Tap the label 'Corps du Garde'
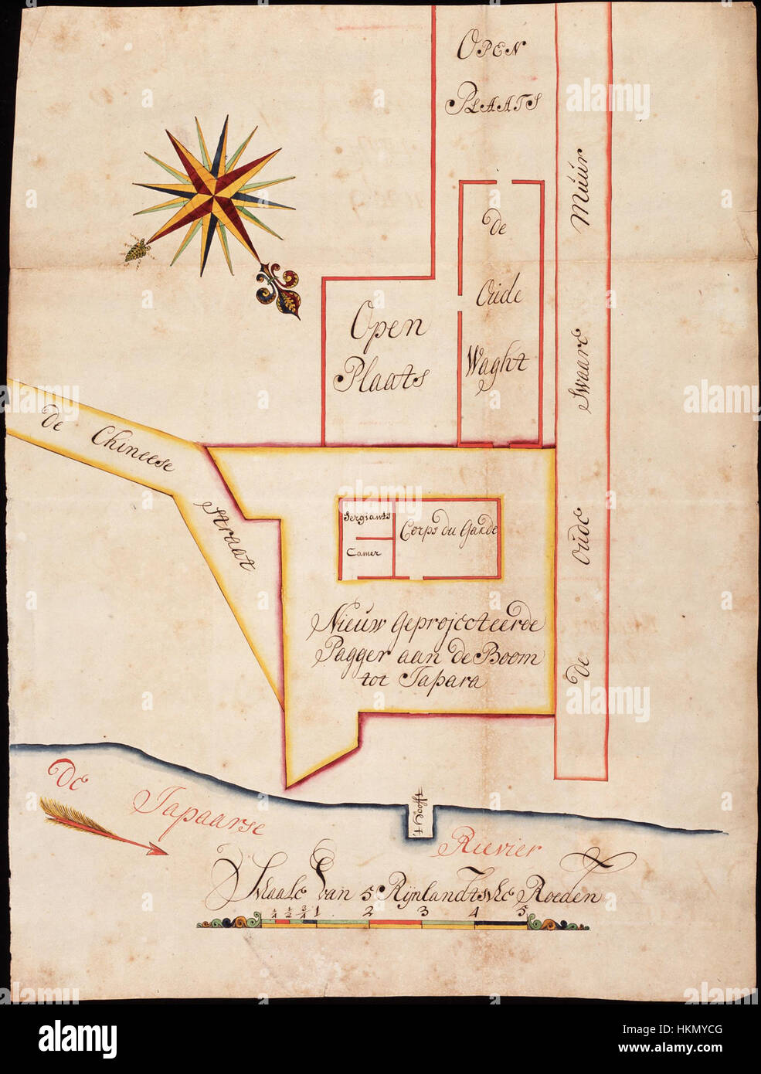447,530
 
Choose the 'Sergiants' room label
365,515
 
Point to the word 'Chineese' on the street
133,450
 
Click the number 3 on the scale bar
422,913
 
